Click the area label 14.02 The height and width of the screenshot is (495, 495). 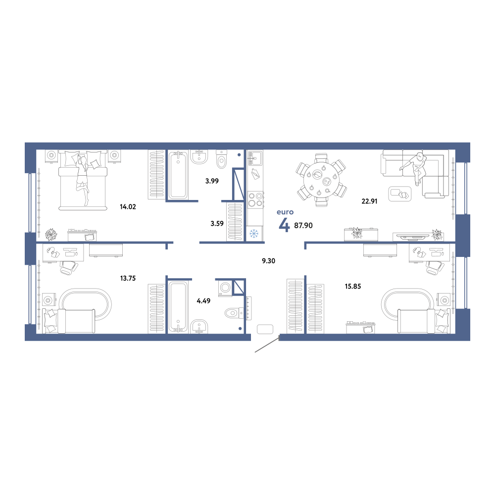tap(128, 207)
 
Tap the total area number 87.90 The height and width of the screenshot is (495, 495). tap(303, 225)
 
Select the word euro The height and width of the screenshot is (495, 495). tap(285, 212)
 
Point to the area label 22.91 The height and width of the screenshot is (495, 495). tap(369, 201)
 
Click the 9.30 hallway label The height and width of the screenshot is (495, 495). tap(269, 261)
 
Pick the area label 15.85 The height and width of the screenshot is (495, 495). tap(352, 286)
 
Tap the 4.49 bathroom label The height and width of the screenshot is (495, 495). tap(203, 301)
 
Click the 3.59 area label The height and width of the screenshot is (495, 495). tap(217, 224)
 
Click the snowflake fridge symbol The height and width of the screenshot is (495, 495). tap(254, 234)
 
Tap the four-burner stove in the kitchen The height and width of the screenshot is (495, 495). tap(255, 199)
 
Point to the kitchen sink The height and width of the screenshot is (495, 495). tap(255, 158)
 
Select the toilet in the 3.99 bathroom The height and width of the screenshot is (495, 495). tap(222, 159)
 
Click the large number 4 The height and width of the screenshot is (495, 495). tap(284, 225)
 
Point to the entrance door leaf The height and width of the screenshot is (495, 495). tap(267, 345)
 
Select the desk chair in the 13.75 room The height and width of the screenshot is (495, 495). tap(69, 267)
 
